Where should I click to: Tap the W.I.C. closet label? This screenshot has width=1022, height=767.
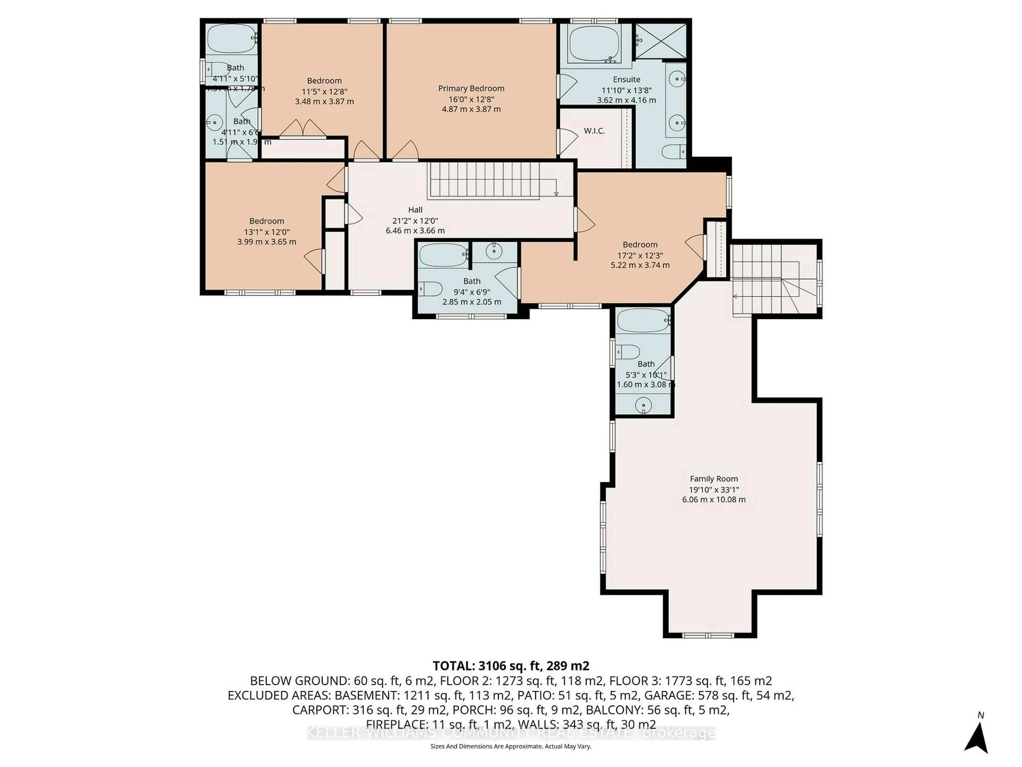[x=594, y=131]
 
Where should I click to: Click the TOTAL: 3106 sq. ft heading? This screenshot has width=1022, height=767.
[x=510, y=666]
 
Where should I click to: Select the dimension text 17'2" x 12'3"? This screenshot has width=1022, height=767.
[x=640, y=255]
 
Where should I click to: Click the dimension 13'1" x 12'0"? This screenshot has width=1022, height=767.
[x=267, y=232]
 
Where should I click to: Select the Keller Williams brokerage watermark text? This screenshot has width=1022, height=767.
[x=510, y=733]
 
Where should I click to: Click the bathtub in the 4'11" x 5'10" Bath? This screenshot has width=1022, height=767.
[x=230, y=39]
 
